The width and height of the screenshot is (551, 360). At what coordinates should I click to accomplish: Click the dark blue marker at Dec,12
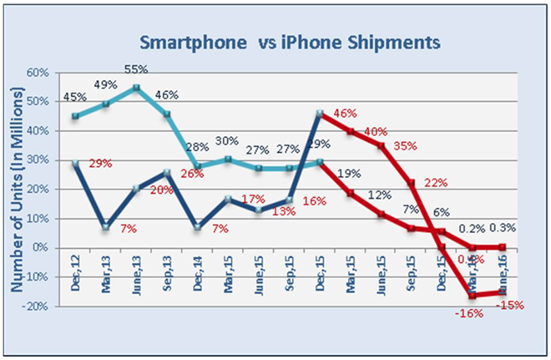75,164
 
